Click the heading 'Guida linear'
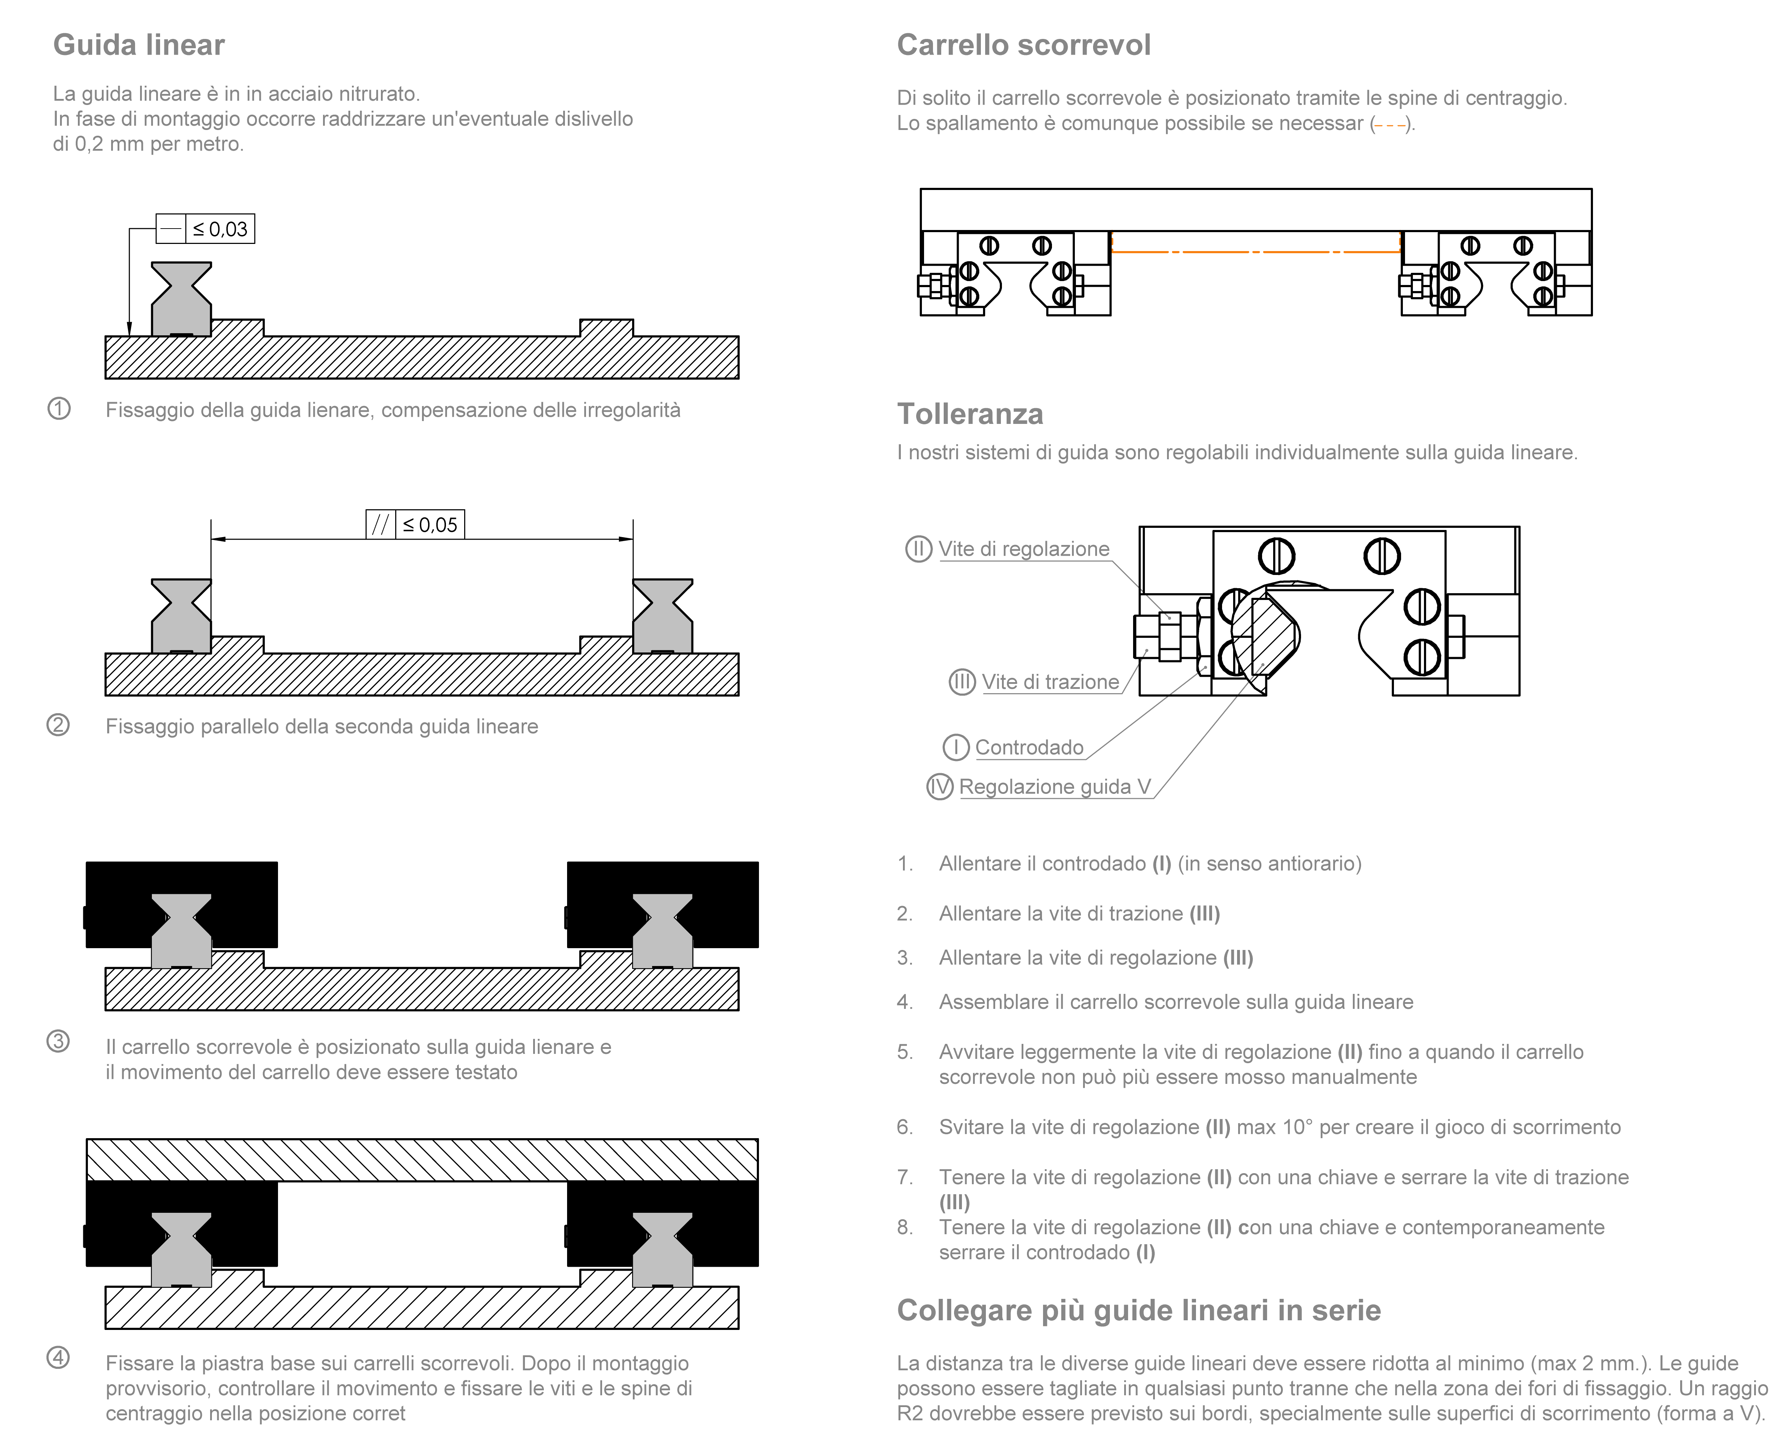coord(139,45)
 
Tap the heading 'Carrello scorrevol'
coord(1023,45)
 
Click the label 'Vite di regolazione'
coord(1023,549)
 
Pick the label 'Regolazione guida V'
coord(1054,786)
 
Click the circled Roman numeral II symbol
coord(918,549)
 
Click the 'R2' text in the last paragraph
coord(910,1414)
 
